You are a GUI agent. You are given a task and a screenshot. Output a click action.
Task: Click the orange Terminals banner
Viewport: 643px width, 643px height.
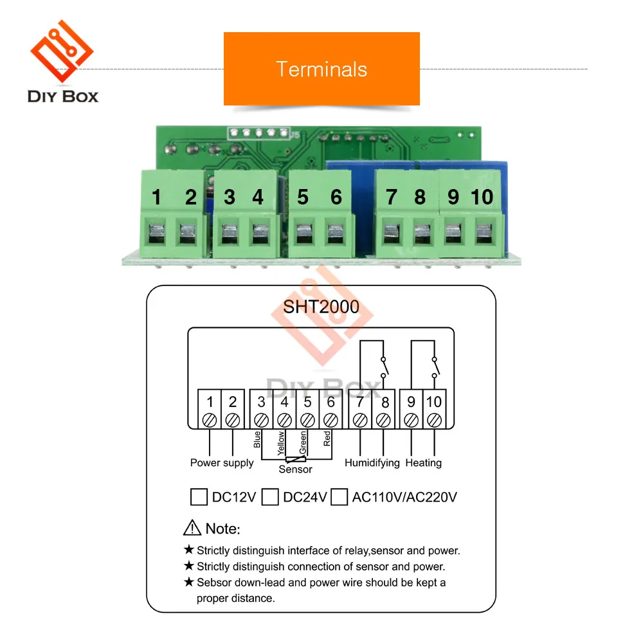click(x=321, y=69)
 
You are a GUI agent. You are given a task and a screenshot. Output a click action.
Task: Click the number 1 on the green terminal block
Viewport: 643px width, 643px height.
click(x=156, y=197)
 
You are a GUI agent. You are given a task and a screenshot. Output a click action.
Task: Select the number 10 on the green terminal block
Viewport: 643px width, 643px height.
click(x=482, y=197)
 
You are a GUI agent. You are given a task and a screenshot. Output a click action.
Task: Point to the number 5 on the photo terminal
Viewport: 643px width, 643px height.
click(x=303, y=197)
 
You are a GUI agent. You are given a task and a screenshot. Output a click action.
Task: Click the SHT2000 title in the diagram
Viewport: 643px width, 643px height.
click(x=321, y=306)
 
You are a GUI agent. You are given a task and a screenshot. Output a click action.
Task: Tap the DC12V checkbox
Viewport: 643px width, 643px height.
click(x=199, y=497)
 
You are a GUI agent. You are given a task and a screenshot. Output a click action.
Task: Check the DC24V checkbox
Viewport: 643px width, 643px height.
click(x=270, y=497)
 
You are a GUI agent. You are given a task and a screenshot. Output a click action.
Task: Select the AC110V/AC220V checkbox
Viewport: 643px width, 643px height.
click(x=339, y=497)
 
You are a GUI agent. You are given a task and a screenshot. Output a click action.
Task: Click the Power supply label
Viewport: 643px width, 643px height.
click(x=222, y=463)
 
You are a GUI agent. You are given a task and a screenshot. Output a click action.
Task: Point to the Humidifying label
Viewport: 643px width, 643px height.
click(x=372, y=463)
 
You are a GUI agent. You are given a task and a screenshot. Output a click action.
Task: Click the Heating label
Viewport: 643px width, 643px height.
click(x=424, y=463)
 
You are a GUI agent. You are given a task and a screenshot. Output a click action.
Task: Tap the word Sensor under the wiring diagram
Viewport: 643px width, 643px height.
click(x=295, y=469)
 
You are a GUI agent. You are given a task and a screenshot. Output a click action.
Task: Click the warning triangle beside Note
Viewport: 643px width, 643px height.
click(x=192, y=529)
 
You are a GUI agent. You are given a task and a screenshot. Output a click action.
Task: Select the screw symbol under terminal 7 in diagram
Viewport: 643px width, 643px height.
click(x=360, y=421)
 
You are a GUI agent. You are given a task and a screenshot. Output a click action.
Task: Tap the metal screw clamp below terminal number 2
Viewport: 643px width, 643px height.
click(x=188, y=234)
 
